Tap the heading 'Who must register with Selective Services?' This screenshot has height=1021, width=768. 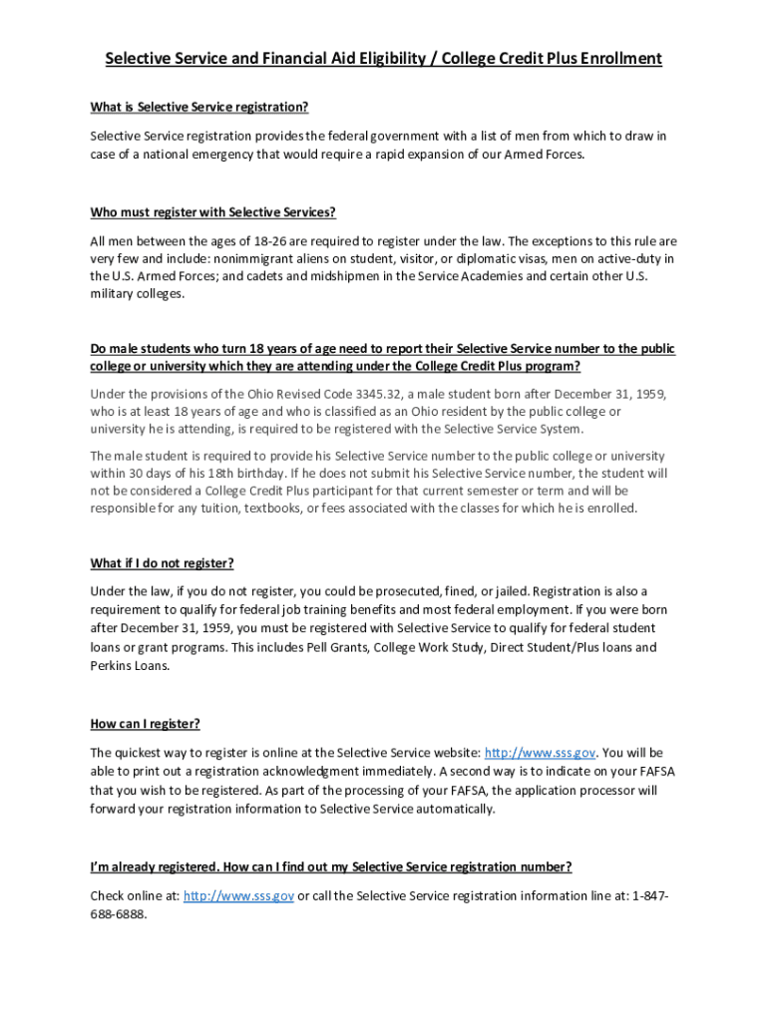point(213,212)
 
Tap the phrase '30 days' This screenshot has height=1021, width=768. point(152,474)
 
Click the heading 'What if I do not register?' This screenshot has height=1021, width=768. point(163,563)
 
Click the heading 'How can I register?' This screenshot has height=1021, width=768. point(152,724)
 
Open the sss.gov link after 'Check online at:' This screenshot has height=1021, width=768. point(238,896)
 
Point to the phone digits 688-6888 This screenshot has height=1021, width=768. point(118,914)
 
